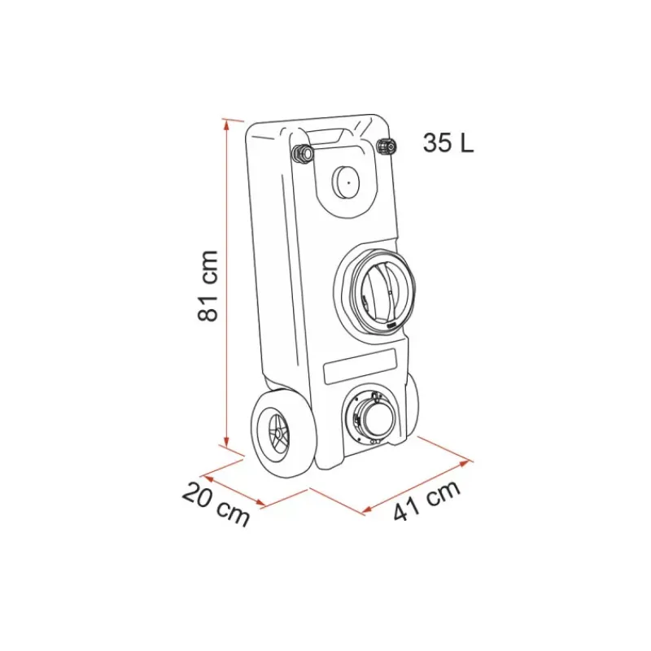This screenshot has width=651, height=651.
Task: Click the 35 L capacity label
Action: (448, 143)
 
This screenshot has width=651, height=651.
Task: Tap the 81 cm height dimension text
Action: (208, 286)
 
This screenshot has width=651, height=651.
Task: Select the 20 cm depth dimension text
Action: (216, 504)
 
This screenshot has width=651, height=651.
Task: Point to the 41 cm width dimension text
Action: (426, 500)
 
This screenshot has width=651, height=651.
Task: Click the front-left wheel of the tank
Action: (273, 433)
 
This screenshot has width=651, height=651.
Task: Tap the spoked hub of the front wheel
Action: (276, 434)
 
